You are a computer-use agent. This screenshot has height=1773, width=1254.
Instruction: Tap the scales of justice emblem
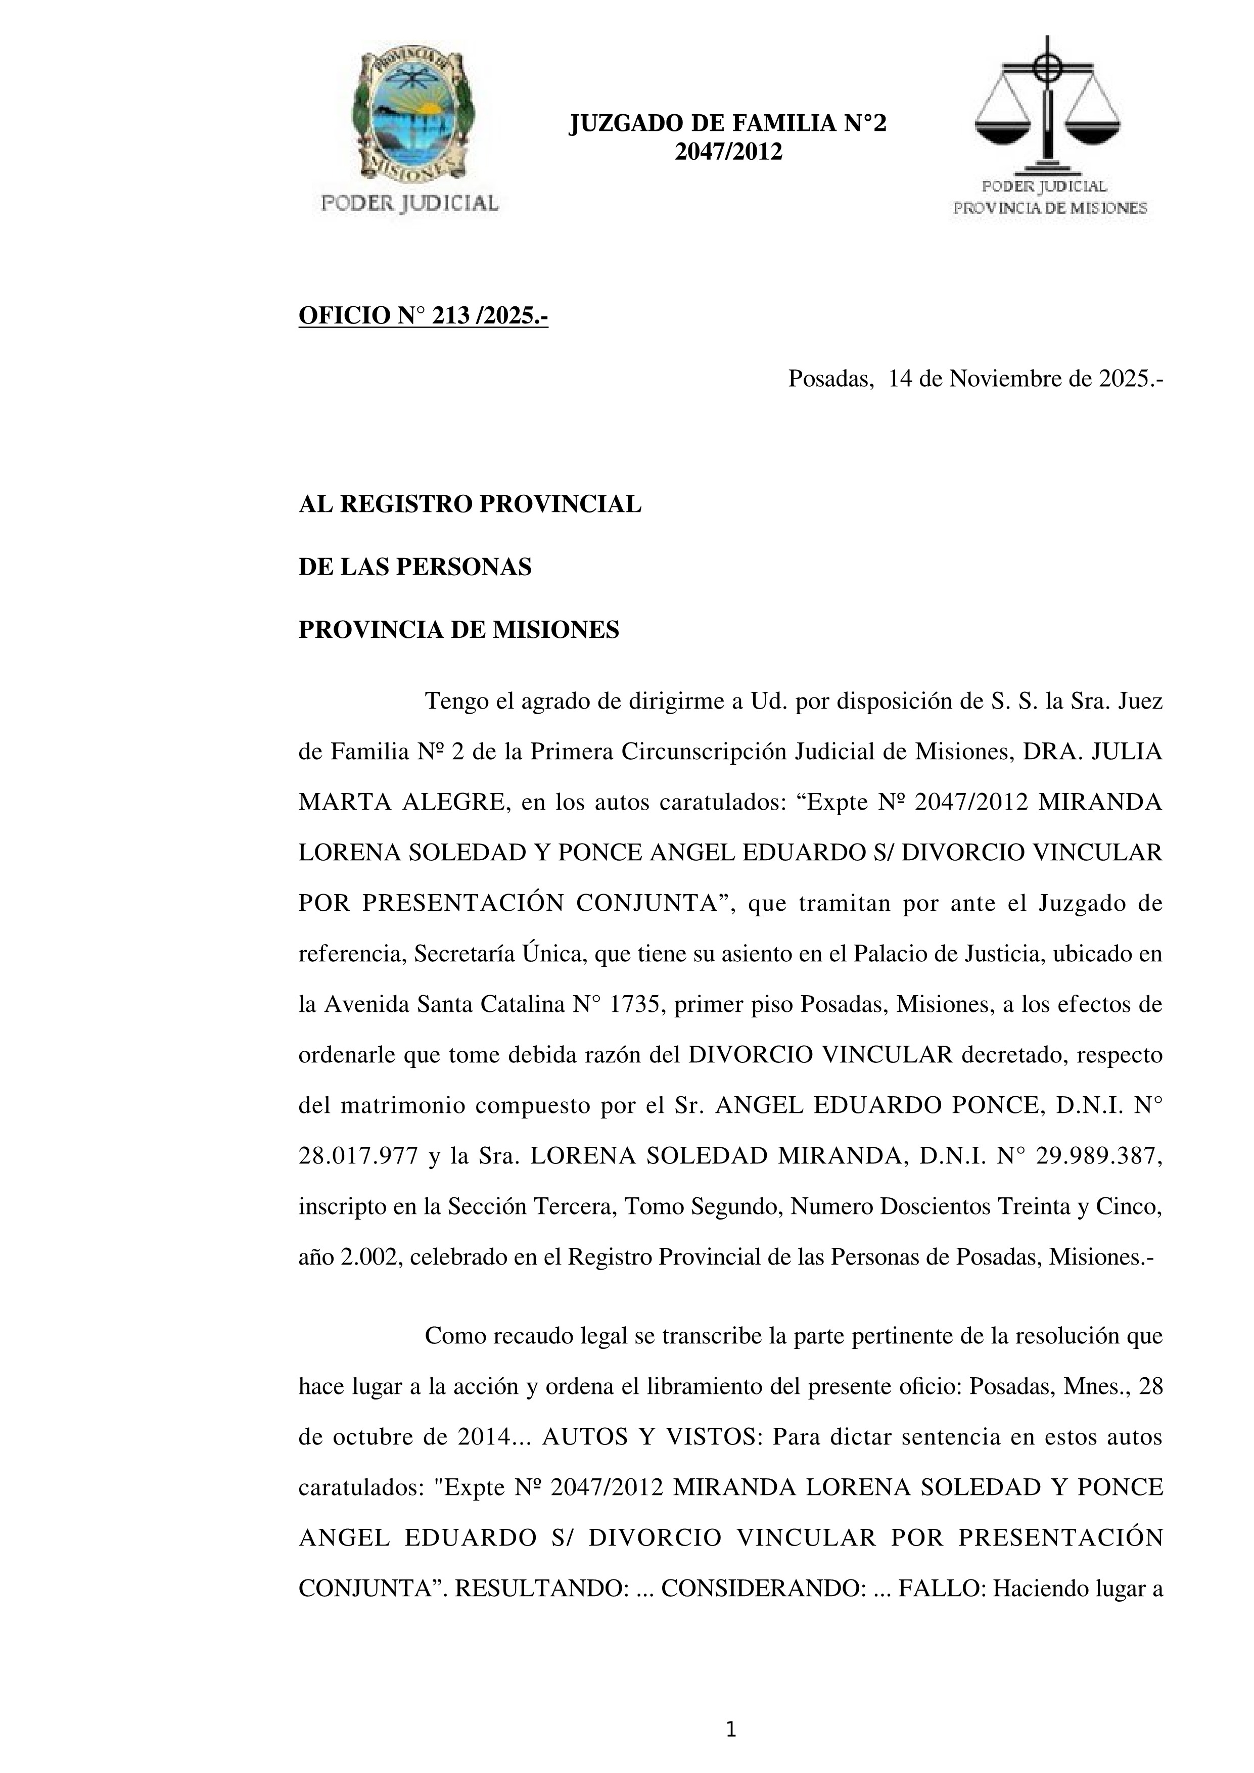[1047, 104]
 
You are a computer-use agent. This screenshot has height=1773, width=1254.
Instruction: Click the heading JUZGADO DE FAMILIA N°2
[727, 123]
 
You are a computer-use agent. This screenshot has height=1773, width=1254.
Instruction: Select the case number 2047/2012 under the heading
[728, 152]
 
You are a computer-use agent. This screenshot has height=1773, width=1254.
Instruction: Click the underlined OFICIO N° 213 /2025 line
[423, 316]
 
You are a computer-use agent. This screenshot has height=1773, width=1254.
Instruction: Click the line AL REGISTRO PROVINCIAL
[470, 504]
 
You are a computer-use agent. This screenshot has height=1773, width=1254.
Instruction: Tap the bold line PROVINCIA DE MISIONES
[458, 630]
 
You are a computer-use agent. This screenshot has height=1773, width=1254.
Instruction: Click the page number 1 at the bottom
[731, 1731]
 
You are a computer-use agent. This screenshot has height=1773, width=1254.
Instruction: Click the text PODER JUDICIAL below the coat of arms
[409, 203]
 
